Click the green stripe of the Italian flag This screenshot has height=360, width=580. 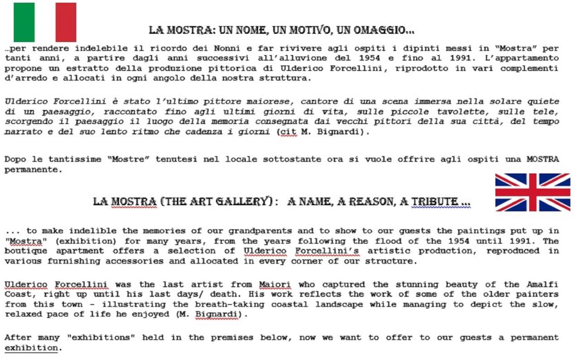24,22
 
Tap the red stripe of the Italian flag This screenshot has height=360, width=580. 66,22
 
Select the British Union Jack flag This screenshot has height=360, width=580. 532,192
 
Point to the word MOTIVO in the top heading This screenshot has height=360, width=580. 316,31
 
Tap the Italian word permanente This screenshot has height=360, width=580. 32,170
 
